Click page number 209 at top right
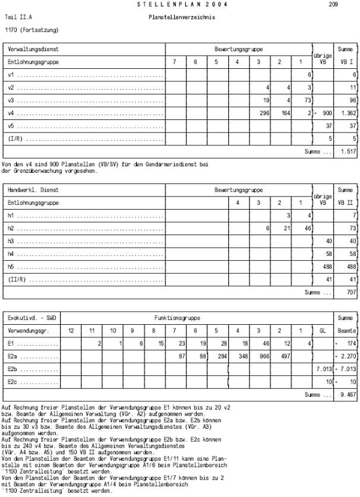[332, 4]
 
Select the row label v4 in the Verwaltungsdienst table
[11, 113]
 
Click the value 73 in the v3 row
[307, 100]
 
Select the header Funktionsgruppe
[176, 318]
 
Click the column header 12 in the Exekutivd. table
[71, 330]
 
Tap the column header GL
[323, 330]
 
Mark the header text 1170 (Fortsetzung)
[31, 29]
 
